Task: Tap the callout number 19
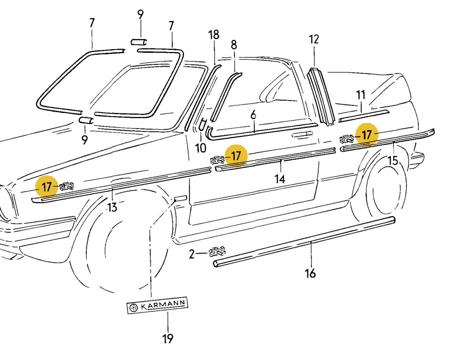click(167, 339)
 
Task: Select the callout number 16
click(310, 273)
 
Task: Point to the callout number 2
click(192, 254)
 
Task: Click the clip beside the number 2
click(217, 251)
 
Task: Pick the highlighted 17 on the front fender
click(46, 186)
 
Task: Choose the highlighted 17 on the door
click(236, 155)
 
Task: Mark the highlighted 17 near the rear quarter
click(366, 135)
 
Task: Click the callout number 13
click(112, 207)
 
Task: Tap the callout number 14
click(280, 179)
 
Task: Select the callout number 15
click(393, 160)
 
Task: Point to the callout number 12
click(313, 40)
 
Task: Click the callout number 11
click(361, 95)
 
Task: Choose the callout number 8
click(233, 45)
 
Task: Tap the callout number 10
click(200, 148)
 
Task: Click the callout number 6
click(253, 114)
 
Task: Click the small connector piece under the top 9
click(138, 41)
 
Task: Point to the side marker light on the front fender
click(181, 197)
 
